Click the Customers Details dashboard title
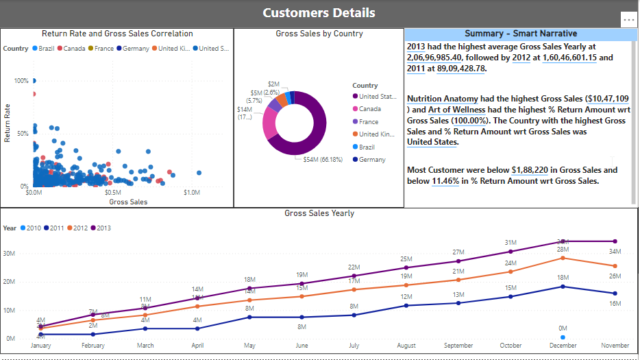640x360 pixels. pos(319,13)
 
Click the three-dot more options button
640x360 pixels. pos(628,20)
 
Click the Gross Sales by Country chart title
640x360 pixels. pos(318,34)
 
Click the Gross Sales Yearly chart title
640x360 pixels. pos(319,214)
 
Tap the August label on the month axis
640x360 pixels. pos(401,344)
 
